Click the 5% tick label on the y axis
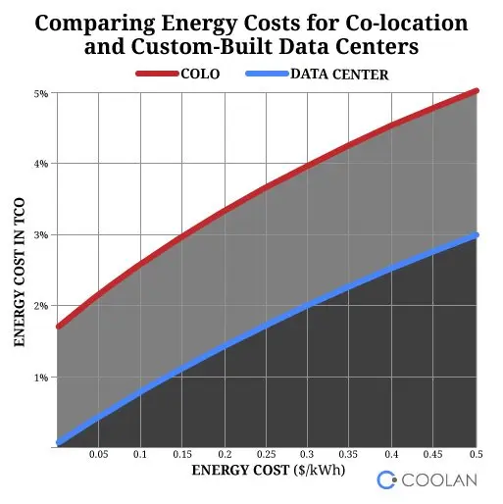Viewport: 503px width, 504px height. click(x=41, y=94)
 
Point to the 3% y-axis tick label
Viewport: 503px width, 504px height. click(x=41, y=235)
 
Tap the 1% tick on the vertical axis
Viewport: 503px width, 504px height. click(x=41, y=378)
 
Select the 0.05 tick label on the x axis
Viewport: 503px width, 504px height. click(x=98, y=454)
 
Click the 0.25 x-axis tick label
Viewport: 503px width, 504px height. click(x=266, y=454)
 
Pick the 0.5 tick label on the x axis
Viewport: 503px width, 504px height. click(x=476, y=454)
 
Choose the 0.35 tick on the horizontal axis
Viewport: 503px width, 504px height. click(x=348, y=454)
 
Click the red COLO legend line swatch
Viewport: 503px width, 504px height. click(x=157, y=74)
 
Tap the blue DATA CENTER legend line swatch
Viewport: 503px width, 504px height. click(x=267, y=74)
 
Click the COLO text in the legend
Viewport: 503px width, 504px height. click(x=200, y=75)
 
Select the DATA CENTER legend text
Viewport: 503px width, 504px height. click(x=339, y=75)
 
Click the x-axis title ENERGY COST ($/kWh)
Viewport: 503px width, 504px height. click(x=269, y=471)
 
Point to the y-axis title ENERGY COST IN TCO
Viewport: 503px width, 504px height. click(x=20, y=272)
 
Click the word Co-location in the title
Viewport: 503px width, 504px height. click(x=407, y=24)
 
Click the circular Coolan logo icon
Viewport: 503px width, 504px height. click(x=386, y=479)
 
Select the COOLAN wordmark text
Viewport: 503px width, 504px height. click(x=439, y=480)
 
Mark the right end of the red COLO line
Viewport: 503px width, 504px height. click(x=477, y=91)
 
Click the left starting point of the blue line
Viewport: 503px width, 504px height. click(x=59, y=443)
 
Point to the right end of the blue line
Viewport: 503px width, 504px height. click(x=477, y=235)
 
